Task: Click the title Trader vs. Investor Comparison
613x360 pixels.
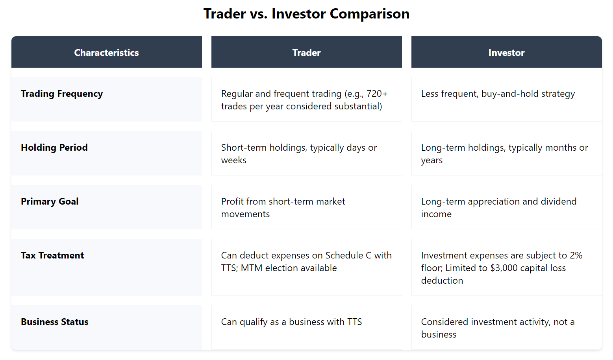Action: click(x=306, y=14)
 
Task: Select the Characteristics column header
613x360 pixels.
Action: click(x=106, y=53)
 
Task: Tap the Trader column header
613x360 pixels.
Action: click(x=306, y=53)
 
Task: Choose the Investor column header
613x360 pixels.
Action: click(x=506, y=53)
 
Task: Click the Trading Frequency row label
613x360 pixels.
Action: click(x=62, y=94)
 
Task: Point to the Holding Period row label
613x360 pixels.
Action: click(x=54, y=148)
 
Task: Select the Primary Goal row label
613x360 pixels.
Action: click(x=50, y=201)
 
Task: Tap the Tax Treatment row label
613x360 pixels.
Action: click(x=52, y=255)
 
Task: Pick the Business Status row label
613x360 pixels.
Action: click(x=55, y=322)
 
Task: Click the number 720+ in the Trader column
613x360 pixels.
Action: click(x=377, y=94)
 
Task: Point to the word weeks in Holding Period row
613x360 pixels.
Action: click(x=234, y=160)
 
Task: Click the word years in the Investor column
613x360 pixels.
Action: click(x=432, y=160)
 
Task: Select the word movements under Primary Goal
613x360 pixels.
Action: click(x=246, y=214)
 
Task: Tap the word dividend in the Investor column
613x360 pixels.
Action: click(x=558, y=201)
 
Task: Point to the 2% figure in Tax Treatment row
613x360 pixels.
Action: click(x=576, y=255)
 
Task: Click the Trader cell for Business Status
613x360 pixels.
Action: click(x=291, y=322)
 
